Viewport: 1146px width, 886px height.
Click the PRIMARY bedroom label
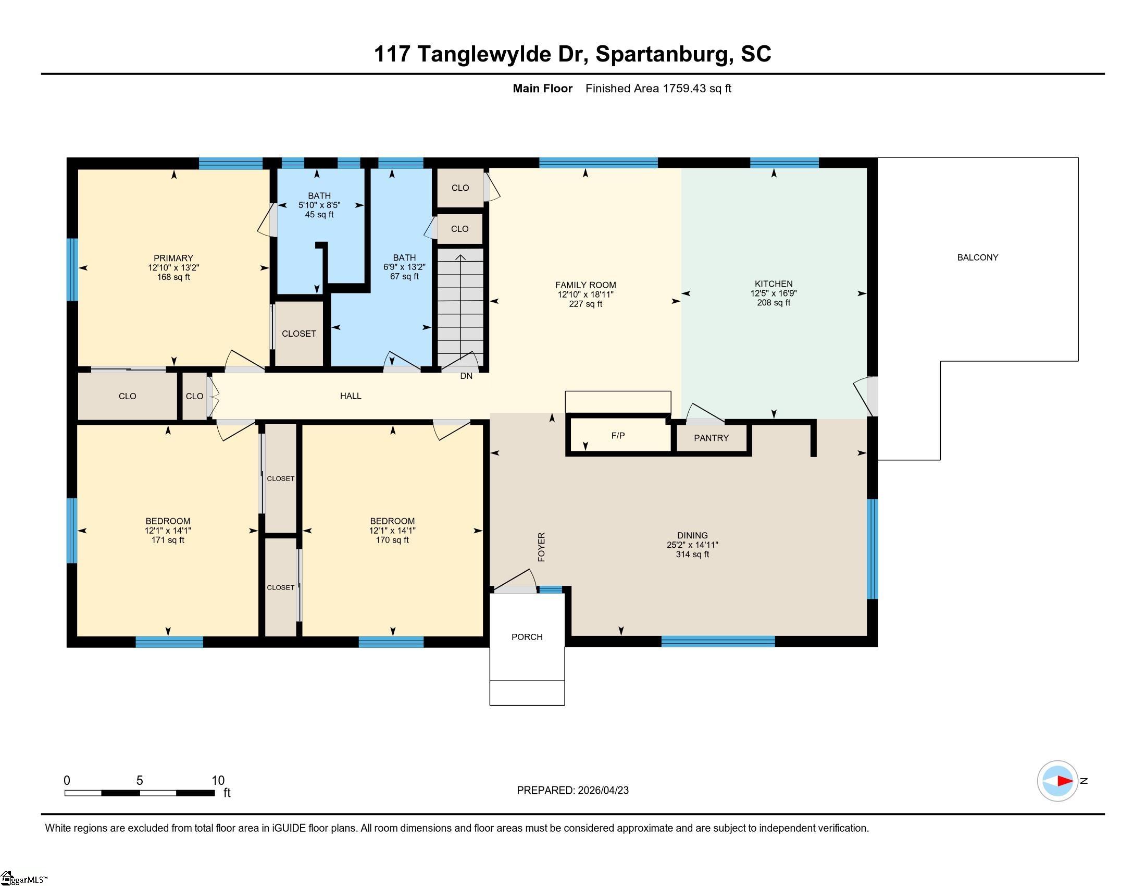click(x=173, y=258)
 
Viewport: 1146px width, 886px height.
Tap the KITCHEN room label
click(x=774, y=284)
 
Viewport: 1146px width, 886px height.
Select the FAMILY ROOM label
click(x=586, y=285)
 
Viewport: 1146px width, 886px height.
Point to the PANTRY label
click(x=711, y=438)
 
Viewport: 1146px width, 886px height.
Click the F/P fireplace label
click(x=618, y=436)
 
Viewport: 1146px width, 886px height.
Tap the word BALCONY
click(x=978, y=257)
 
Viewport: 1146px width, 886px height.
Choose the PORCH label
click(x=527, y=637)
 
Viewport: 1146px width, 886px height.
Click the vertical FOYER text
click(x=542, y=547)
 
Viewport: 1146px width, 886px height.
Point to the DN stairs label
click(x=466, y=376)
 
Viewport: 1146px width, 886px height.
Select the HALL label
click(x=351, y=396)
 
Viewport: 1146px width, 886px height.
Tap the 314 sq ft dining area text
click(x=692, y=555)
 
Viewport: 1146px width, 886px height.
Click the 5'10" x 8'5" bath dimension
click(x=319, y=205)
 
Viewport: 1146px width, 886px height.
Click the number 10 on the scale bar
click(x=218, y=781)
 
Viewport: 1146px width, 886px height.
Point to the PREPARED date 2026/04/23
click(x=603, y=791)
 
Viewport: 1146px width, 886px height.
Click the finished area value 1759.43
click(x=684, y=88)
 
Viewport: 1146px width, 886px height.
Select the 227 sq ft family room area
click(x=586, y=304)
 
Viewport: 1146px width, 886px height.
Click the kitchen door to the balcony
click(x=867, y=396)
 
